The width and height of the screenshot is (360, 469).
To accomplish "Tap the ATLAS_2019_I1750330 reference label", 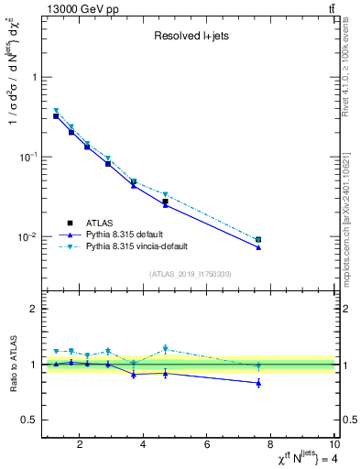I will [189, 274].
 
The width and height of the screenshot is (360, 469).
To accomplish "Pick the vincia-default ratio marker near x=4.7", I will [165, 349].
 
